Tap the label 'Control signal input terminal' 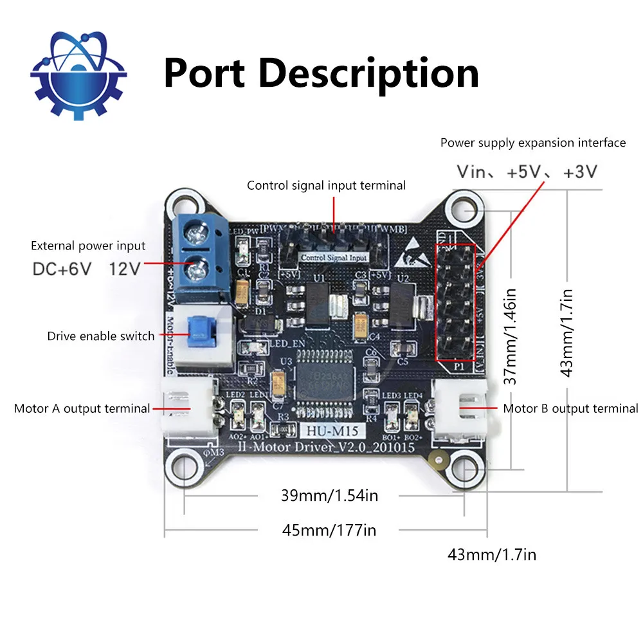point(326,186)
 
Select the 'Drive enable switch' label point(101,336)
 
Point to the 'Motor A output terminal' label point(82,408)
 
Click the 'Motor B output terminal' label point(570,408)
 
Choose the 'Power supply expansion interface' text point(532,143)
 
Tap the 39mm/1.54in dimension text point(328,496)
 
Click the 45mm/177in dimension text point(329,530)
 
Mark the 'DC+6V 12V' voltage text point(86,268)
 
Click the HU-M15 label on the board point(329,432)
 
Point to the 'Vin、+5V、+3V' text point(527,172)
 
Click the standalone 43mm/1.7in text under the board point(491,554)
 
